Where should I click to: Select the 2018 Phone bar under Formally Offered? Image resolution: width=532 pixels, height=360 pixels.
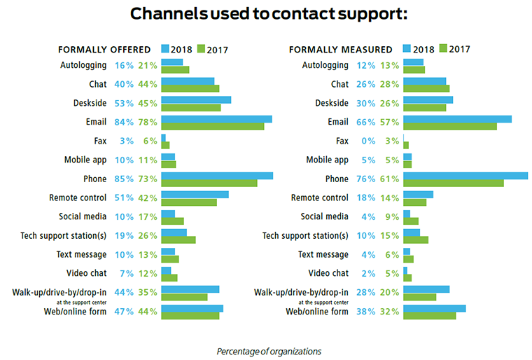(x=217, y=175)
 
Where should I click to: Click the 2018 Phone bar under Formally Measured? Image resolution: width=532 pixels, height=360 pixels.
(x=465, y=175)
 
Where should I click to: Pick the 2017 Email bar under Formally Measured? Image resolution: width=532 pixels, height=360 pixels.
(x=449, y=126)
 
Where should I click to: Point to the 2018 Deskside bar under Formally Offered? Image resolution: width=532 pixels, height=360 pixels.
(x=196, y=99)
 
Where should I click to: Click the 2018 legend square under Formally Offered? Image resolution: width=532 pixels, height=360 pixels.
(x=165, y=49)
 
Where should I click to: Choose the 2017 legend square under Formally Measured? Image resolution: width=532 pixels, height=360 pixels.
(x=442, y=49)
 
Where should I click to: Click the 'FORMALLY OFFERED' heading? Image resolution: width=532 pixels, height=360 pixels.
(x=104, y=50)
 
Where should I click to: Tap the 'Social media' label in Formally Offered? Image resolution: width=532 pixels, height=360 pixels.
(x=80, y=216)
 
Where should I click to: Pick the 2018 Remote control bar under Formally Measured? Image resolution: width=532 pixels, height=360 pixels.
(x=418, y=194)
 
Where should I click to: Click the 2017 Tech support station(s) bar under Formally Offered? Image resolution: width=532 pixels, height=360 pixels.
(x=178, y=240)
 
